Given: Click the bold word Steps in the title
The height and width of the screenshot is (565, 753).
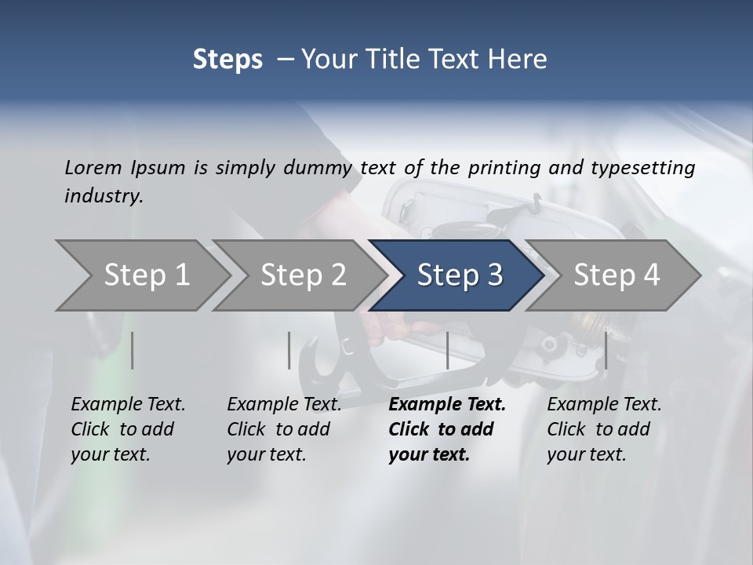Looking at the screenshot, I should point(227,60).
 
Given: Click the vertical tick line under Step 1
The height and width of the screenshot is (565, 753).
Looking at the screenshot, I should point(133,350).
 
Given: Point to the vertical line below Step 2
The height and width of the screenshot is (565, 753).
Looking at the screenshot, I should point(289,350).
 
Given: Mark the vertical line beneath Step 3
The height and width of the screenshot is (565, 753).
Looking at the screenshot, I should point(447,350).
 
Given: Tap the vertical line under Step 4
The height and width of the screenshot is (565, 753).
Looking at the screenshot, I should point(606,350).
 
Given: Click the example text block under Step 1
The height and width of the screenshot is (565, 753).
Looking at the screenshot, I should point(128,429).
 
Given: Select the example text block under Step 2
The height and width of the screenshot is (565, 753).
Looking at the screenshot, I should point(284,429).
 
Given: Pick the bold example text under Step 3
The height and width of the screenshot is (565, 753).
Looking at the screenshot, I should point(447,429).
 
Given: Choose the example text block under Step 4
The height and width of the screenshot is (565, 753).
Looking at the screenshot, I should point(604,429).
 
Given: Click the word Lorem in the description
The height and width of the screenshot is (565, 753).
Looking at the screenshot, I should point(93,167).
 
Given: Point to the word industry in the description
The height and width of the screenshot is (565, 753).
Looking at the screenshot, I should point(104,195).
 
